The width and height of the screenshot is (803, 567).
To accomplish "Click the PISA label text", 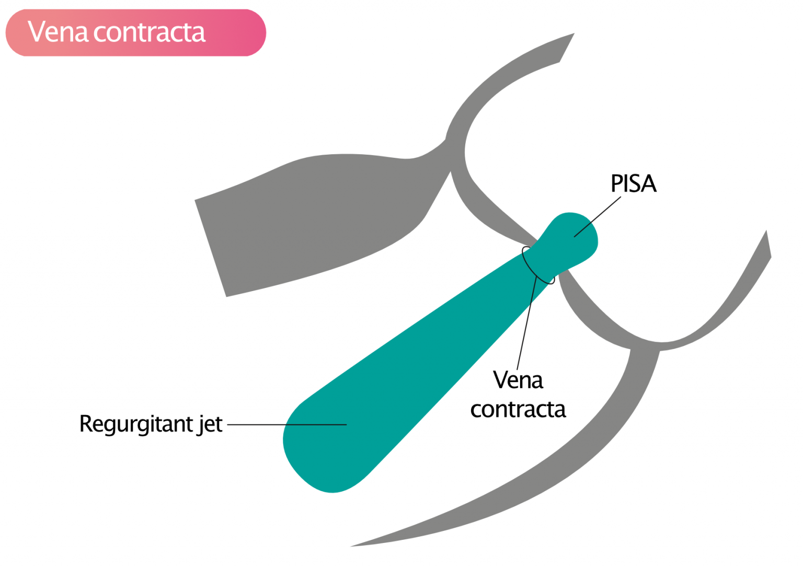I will (633, 184).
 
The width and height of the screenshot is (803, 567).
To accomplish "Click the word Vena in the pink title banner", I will (58, 32).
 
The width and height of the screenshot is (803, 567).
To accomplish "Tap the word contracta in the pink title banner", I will (150, 32).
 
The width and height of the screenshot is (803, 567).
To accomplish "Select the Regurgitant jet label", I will (151, 424).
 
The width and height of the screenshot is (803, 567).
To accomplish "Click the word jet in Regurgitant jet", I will (210, 424).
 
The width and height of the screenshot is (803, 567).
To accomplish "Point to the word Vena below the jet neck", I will (518, 380).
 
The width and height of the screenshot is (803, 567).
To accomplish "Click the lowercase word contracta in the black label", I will (518, 409).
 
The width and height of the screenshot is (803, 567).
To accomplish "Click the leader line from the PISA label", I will (598, 217).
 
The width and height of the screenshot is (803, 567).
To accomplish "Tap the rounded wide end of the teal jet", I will (324, 449).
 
